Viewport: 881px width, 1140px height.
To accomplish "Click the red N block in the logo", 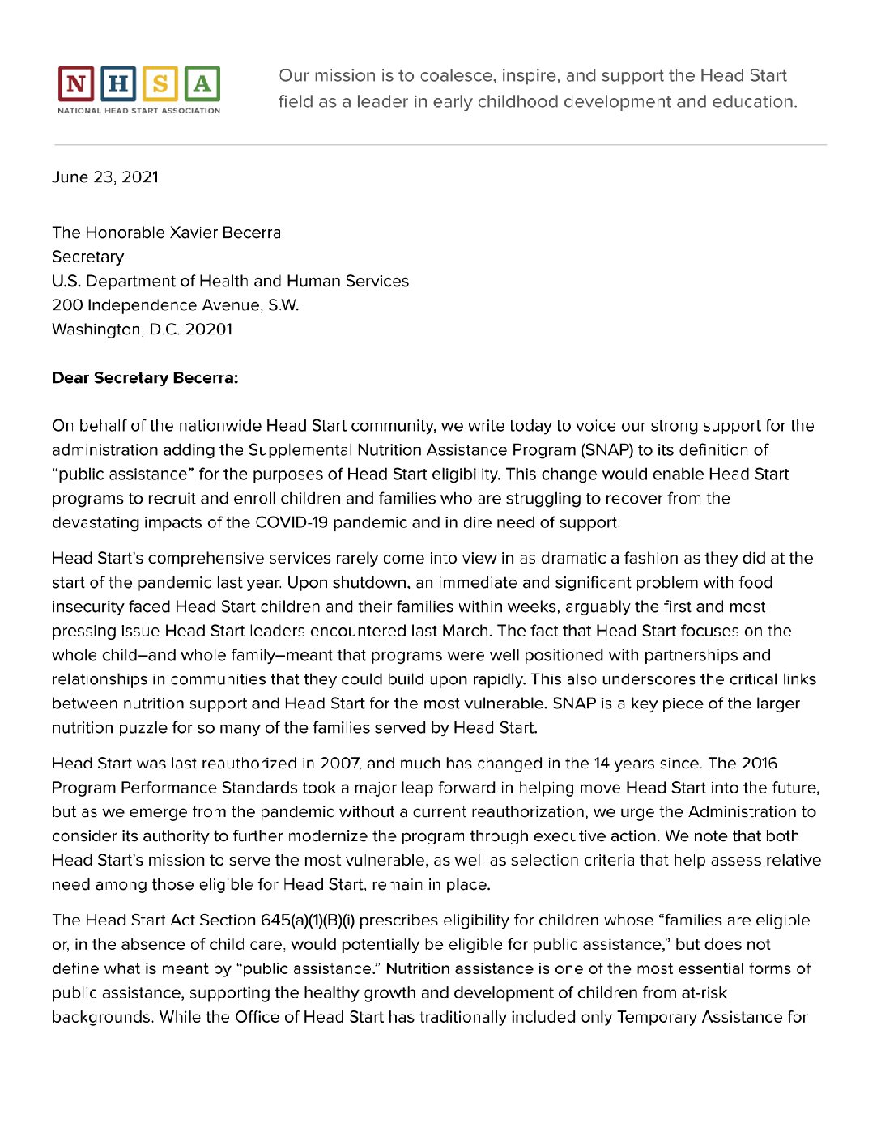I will pos(76,84).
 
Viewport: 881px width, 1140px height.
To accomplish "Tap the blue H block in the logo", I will pos(118,84).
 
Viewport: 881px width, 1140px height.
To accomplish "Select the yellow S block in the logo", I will pos(160,84).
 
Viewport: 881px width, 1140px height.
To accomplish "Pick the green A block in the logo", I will pos(202,84).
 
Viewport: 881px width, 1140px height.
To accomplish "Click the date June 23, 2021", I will pos(105,177).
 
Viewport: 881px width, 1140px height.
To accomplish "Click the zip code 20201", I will pos(209,330).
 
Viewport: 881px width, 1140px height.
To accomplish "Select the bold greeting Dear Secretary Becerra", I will pos(145,378).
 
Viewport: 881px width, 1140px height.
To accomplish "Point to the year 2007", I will pos(340,764).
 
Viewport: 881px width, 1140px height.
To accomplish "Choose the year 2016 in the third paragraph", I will pos(759,764).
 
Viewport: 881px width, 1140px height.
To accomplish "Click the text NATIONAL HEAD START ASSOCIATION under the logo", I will pos(138,111).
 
